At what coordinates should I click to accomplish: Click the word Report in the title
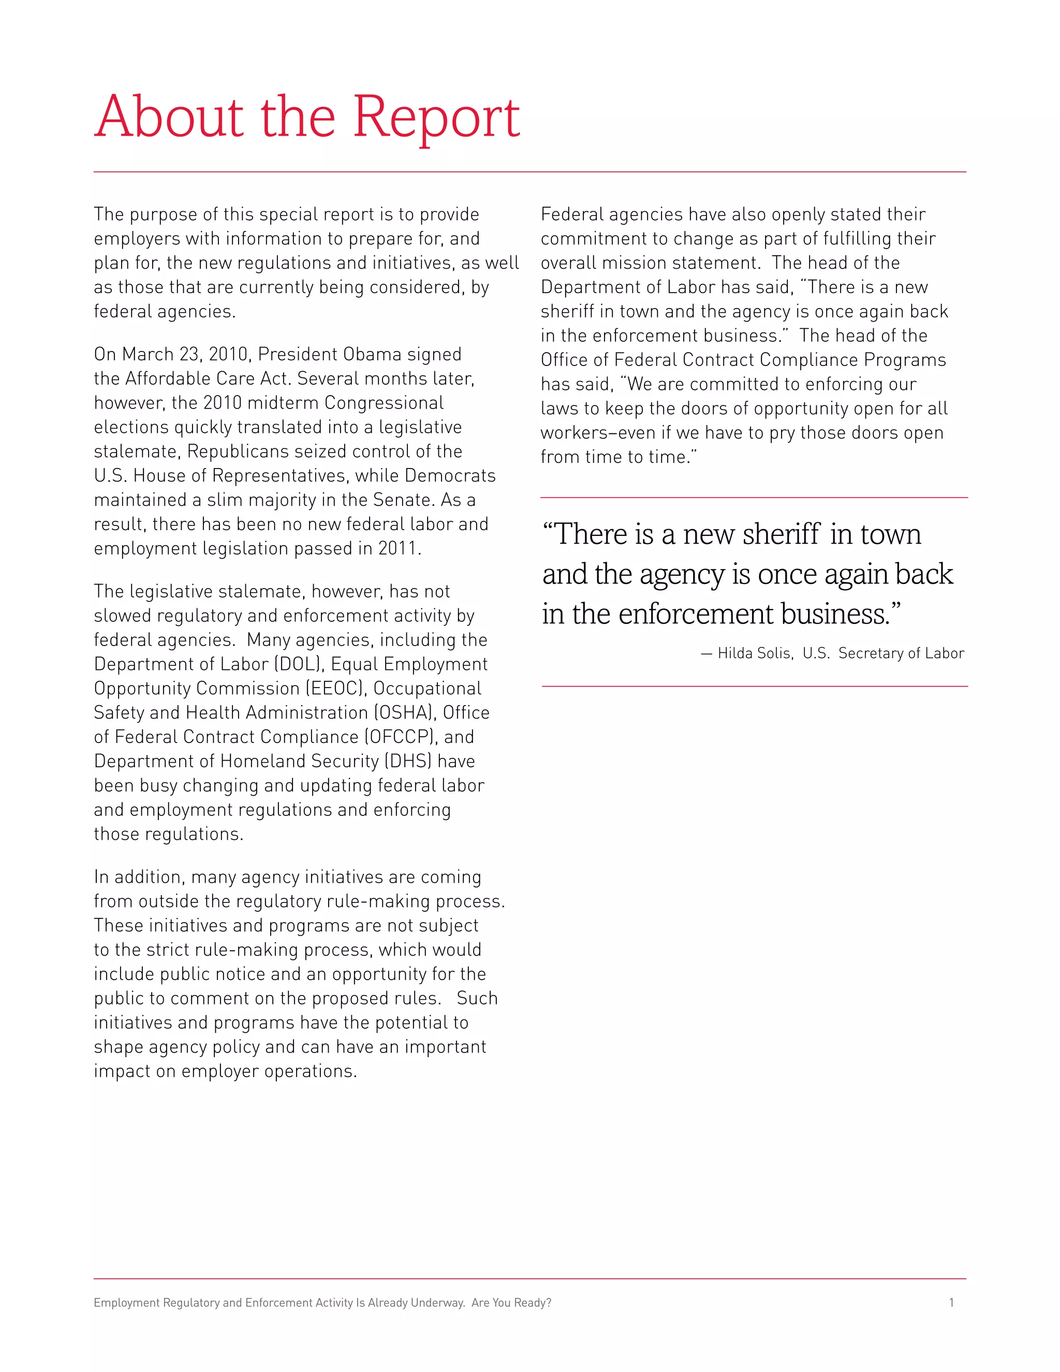(x=436, y=118)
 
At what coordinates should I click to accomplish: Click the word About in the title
(x=168, y=118)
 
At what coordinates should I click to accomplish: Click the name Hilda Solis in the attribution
(x=754, y=653)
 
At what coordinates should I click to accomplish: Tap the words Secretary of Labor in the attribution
(x=901, y=653)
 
